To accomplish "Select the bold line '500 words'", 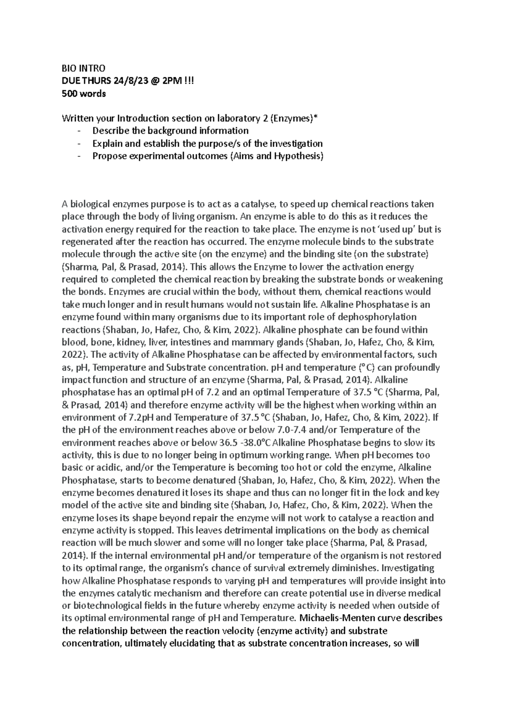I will coord(84,94).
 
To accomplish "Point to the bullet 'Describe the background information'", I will coord(170,131).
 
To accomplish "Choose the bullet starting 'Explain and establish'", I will coord(207,144).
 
